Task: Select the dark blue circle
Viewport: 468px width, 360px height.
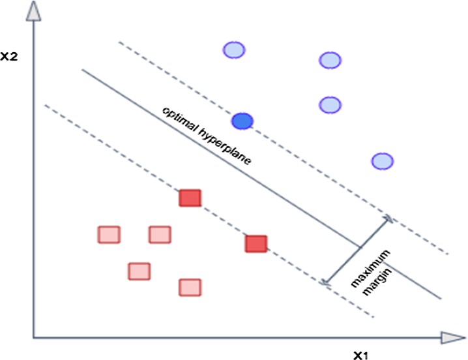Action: [242, 121]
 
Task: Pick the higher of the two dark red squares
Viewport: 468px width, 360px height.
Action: [190, 198]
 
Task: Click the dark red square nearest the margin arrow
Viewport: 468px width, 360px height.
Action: [257, 244]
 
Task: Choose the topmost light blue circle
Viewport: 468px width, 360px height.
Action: [233, 50]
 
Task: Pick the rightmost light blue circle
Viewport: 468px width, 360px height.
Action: [382, 161]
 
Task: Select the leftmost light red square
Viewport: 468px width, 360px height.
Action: [109, 234]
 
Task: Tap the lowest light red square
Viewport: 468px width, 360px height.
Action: [190, 287]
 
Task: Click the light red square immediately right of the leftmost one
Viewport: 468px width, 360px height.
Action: [159, 234]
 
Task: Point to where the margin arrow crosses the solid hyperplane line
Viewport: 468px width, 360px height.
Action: [358, 248]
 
